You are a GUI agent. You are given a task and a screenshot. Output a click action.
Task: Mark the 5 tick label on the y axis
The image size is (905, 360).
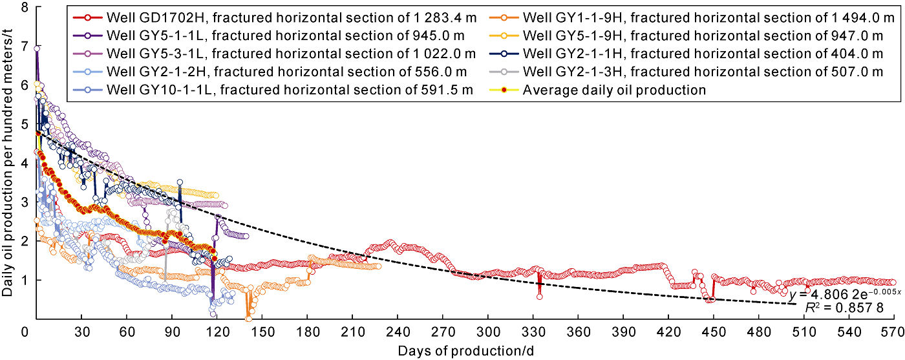coord(25,124)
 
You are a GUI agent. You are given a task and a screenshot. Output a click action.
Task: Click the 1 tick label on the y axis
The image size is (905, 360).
coord(25,280)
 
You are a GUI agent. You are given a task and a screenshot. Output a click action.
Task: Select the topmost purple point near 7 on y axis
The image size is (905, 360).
coord(37,48)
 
